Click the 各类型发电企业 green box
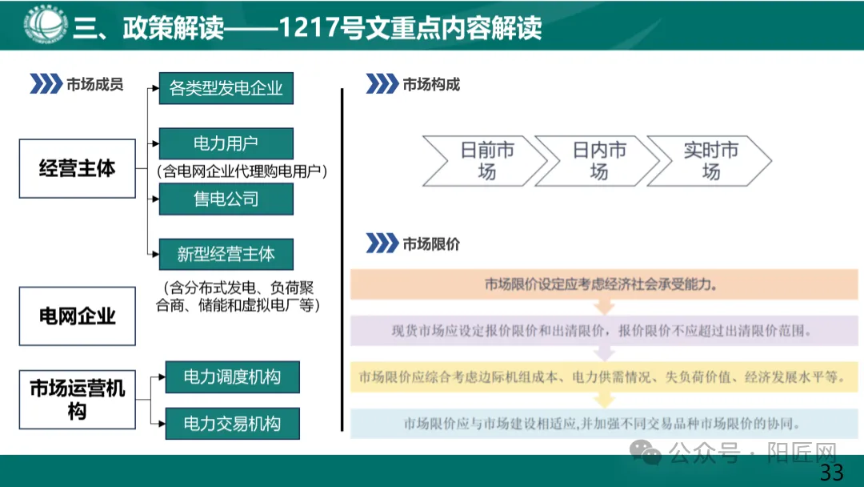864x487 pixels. pyautogui.click(x=226, y=88)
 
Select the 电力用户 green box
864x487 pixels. pyautogui.click(x=226, y=143)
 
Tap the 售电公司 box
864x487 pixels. pyautogui.click(x=226, y=199)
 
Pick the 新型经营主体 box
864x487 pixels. pyautogui.click(x=226, y=254)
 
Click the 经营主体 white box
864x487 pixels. pyautogui.click(x=78, y=168)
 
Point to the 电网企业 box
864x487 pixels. pyautogui.click(x=78, y=316)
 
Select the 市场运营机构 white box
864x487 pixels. pyautogui.click(x=78, y=400)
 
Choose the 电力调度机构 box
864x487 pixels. pyautogui.click(x=232, y=376)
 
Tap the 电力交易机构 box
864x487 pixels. pyautogui.click(x=232, y=424)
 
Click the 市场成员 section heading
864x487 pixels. pyautogui.click(x=94, y=84)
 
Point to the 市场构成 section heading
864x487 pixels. pyautogui.click(x=430, y=84)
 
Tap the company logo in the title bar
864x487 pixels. pyautogui.click(x=46, y=24)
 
